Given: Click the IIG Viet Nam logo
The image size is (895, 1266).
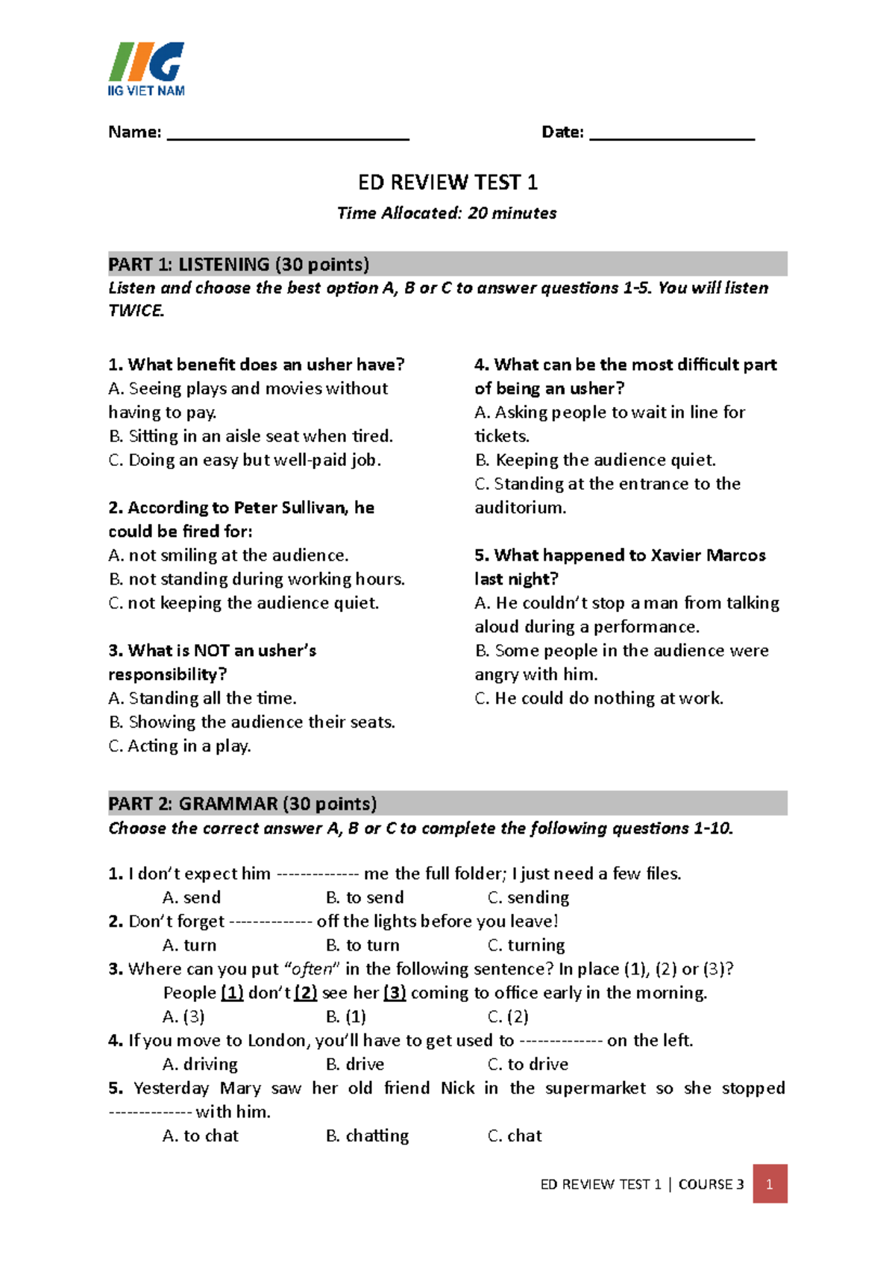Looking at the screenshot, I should [x=146, y=69].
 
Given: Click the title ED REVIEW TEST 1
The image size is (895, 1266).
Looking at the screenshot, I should [x=447, y=183].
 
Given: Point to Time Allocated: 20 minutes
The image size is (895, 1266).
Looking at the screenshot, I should [x=447, y=213].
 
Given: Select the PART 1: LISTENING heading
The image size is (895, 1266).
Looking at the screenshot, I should [x=239, y=265].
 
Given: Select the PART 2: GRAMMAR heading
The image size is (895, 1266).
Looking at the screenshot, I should [x=242, y=804].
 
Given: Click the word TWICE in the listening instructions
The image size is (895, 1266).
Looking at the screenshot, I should [x=135, y=311].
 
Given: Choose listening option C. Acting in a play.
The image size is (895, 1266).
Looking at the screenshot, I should [x=180, y=746].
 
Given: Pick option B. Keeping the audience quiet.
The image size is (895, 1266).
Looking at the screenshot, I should [x=595, y=460].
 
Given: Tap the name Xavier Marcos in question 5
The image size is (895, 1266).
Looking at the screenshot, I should [x=708, y=555].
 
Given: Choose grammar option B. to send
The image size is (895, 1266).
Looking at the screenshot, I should [x=365, y=898].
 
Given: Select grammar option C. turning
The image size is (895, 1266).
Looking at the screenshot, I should [x=526, y=945].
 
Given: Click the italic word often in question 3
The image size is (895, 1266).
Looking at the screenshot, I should [x=313, y=969].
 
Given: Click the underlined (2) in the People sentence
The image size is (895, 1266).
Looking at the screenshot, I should [x=306, y=993].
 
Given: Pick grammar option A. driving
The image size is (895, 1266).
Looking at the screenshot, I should [x=200, y=1065].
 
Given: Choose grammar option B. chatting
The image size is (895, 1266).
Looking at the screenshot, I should [x=367, y=1136].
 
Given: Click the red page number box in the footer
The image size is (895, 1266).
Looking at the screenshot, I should [x=770, y=1184].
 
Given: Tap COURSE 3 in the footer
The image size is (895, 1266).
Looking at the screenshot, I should [x=711, y=1184].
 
